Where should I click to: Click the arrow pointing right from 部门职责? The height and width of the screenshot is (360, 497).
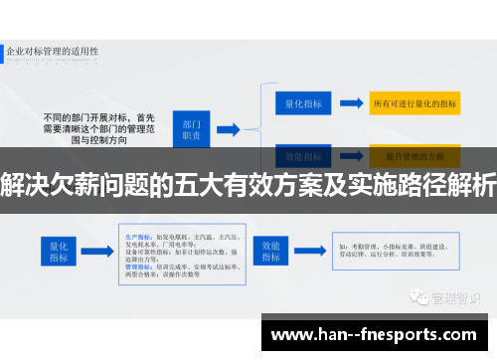228,128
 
